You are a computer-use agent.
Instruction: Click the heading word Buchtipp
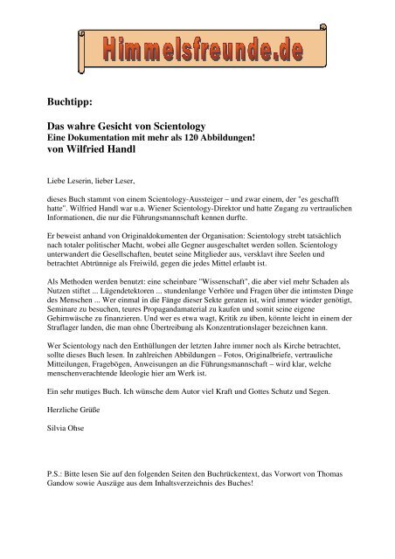(71, 89)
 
